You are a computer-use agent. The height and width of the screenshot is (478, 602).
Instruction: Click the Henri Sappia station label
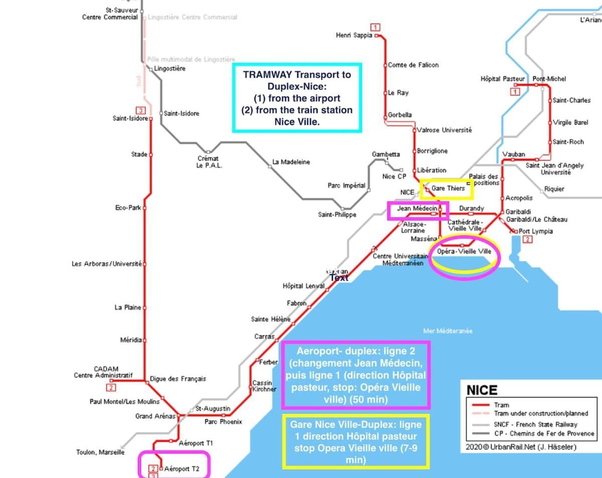tap(354, 35)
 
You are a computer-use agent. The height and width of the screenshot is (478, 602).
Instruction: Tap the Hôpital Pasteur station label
tap(503, 79)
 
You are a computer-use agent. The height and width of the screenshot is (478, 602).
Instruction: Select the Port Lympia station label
tap(536, 231)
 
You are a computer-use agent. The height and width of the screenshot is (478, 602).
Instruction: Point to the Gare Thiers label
tap(448, 189)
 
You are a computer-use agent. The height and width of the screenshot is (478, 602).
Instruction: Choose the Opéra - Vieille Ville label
tap(464, 252)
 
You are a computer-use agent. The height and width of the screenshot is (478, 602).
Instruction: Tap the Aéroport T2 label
tap(182, 469)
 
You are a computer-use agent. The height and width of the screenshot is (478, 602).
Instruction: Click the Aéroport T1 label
tap(196, 443)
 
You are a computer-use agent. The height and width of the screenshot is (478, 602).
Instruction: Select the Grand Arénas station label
tap(151, 416)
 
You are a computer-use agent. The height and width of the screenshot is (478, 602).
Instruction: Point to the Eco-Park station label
tap(128, 207)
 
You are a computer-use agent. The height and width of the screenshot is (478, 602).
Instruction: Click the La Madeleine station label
tap(291, 162)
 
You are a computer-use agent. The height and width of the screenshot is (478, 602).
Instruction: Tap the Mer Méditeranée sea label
tap(447, 331)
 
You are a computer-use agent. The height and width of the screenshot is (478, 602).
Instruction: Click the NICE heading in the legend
tap(482, 391)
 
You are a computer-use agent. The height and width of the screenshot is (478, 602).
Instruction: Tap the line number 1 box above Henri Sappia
tap(375, 27)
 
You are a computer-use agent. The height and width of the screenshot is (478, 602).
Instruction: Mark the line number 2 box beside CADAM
tap(111, 387)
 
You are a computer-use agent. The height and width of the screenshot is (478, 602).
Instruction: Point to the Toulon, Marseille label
tap(100, 452)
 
